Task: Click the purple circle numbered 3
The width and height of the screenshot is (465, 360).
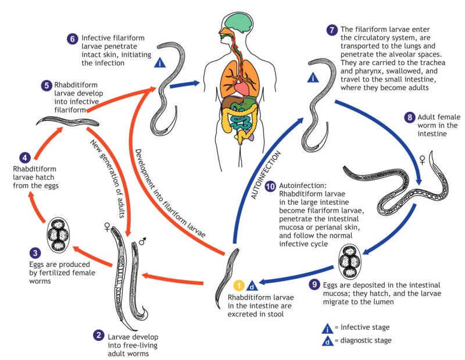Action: (19, 252)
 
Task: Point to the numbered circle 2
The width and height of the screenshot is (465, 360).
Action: (99, 334)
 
